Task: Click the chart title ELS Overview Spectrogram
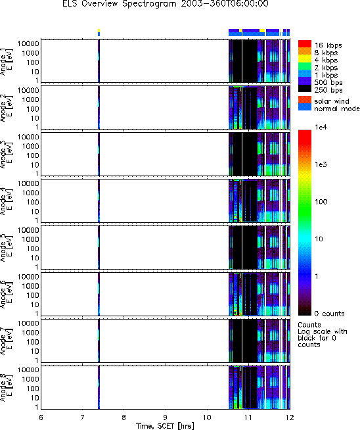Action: pyautogui.click(x=120, y=4)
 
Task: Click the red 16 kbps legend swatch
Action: pyautogui.click(x=305, y=43)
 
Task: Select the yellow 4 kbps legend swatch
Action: pyautogui.click(x=305, y=59)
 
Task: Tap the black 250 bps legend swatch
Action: pyautogui.click(x=305, y=88)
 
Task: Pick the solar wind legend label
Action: pyautogui.click(x=332, y=101)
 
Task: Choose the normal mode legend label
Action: pyautogui.click(x=337, y=108)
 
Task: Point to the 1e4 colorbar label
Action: pyautogui.click(x=321, y=127)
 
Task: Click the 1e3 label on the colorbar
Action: pyautogui.click(x=321, y=164)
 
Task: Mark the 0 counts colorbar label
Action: pyautogui.click(x=329, y=314)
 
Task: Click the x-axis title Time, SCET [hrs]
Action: pyautogui.click(x=165, y=426)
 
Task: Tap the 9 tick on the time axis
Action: pyautogui.click(x=166, y=418)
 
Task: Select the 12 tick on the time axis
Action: pyautogui.click(x=290, y=418)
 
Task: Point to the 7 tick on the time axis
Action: pyautogui.click(x=83, y=418)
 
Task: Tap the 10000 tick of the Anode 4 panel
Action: pyautogui.click(x=28, y=183)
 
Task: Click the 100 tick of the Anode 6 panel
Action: pyautogui.click(x=33, y=295)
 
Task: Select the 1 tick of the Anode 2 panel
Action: pyautogui.click(x=37, y=128)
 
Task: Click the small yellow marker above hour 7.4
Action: pyautogui.click(x=99, y=30)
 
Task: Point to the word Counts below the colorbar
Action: pyautogui.click(x=309, y=325)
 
